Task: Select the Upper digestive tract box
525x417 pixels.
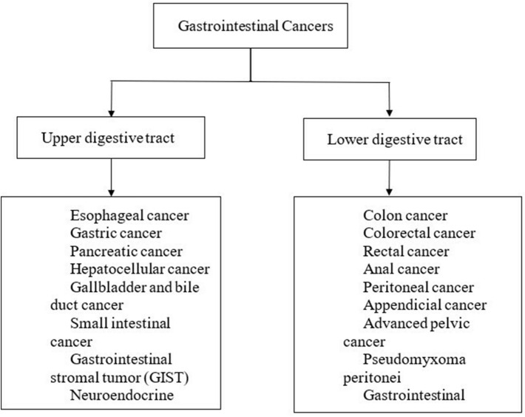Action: coord(110,138)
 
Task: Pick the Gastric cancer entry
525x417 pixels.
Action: coord(118,233)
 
